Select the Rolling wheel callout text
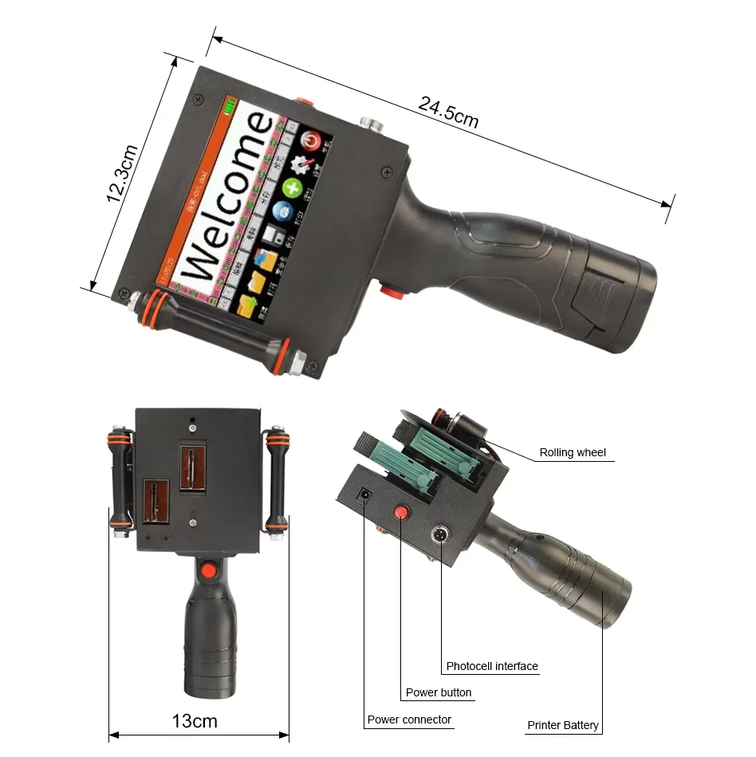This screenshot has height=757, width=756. click(572, 452)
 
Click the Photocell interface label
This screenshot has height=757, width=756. click(491, 666)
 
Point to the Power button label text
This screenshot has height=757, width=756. click(438, 692)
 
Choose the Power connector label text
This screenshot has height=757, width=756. click(408, 720)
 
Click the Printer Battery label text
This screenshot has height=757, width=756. click(562, 725)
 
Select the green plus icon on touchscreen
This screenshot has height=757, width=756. click(293, 189)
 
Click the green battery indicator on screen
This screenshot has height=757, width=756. click(231, 105)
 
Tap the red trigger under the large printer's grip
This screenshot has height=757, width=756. click(389, 291)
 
